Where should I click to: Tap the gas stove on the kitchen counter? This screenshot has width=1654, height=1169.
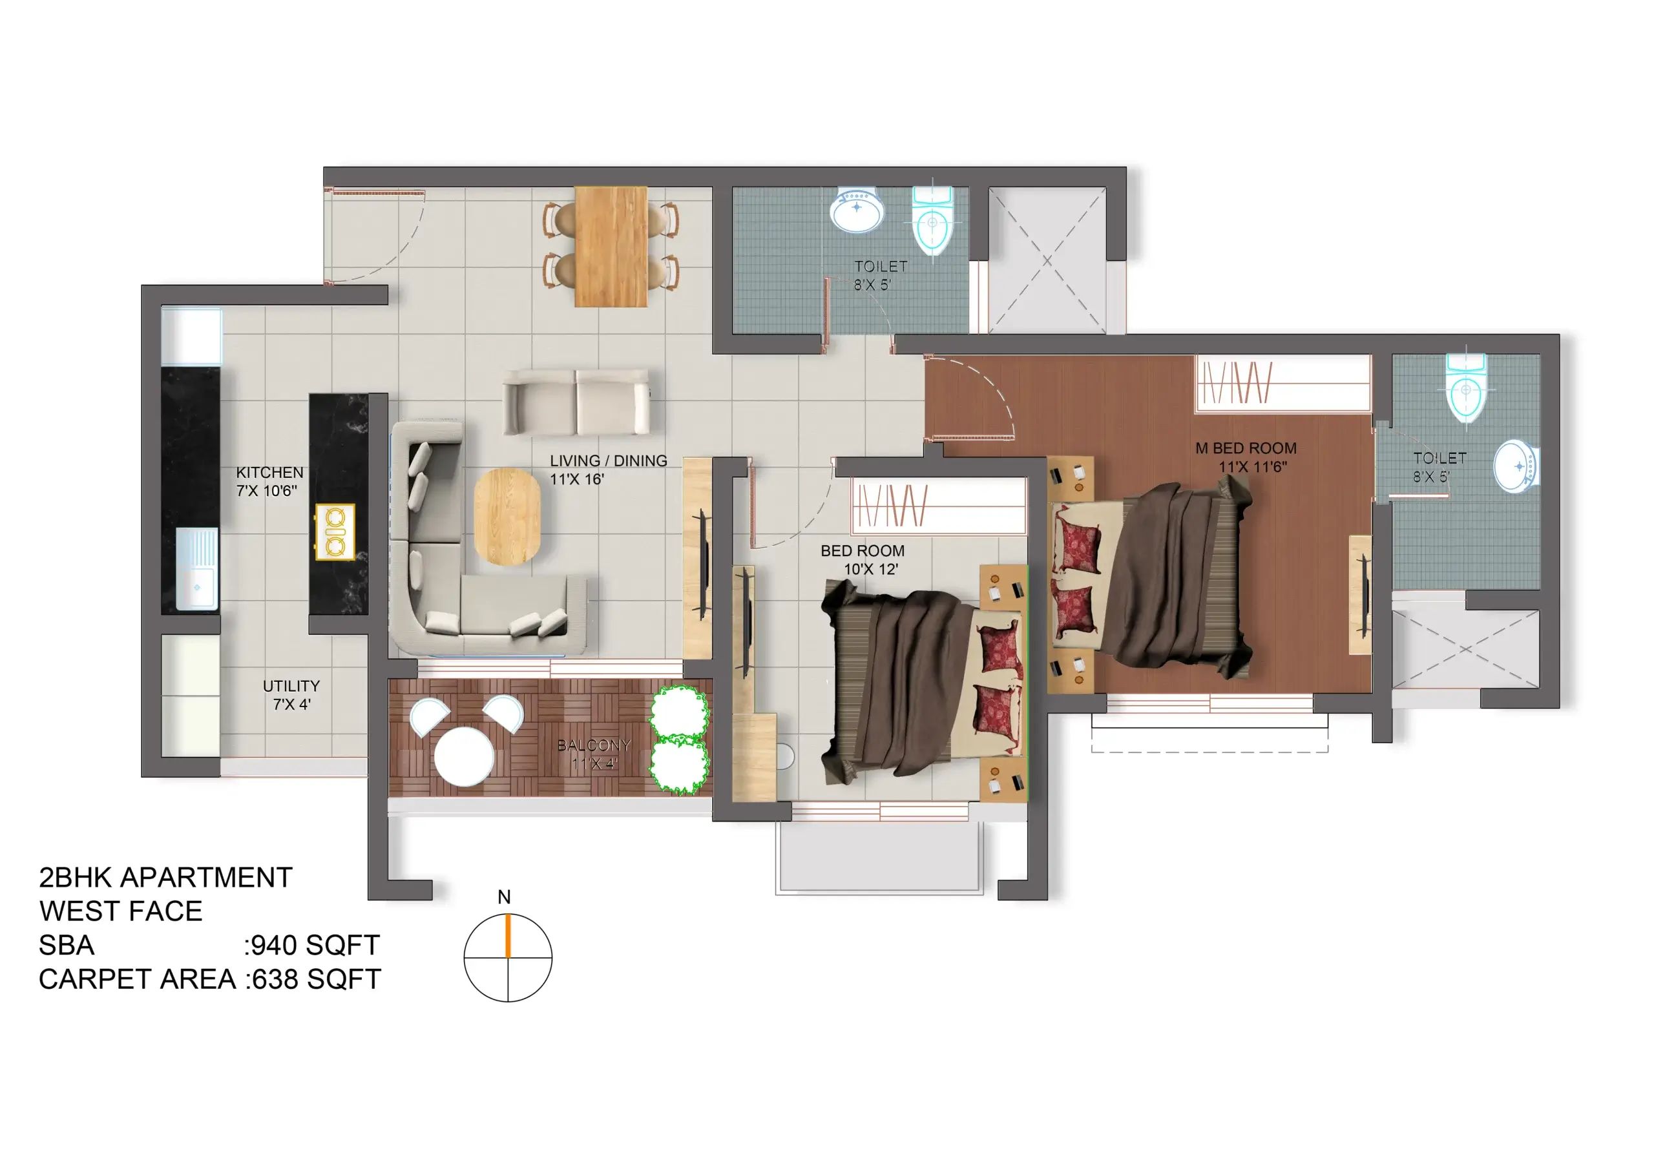point(335,532)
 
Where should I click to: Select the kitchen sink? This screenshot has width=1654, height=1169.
point(196,569)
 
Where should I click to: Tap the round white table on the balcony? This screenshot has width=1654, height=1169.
point(464,756)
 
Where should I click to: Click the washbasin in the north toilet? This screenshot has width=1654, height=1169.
point(856,210)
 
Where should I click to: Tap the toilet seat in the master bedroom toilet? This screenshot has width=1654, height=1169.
point(1465,389)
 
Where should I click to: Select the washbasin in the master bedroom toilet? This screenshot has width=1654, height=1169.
point(1516,466)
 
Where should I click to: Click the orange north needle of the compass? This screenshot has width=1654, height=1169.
point(508,936)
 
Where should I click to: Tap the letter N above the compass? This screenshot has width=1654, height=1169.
point(504,896)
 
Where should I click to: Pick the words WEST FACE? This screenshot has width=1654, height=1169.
point(121,911)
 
